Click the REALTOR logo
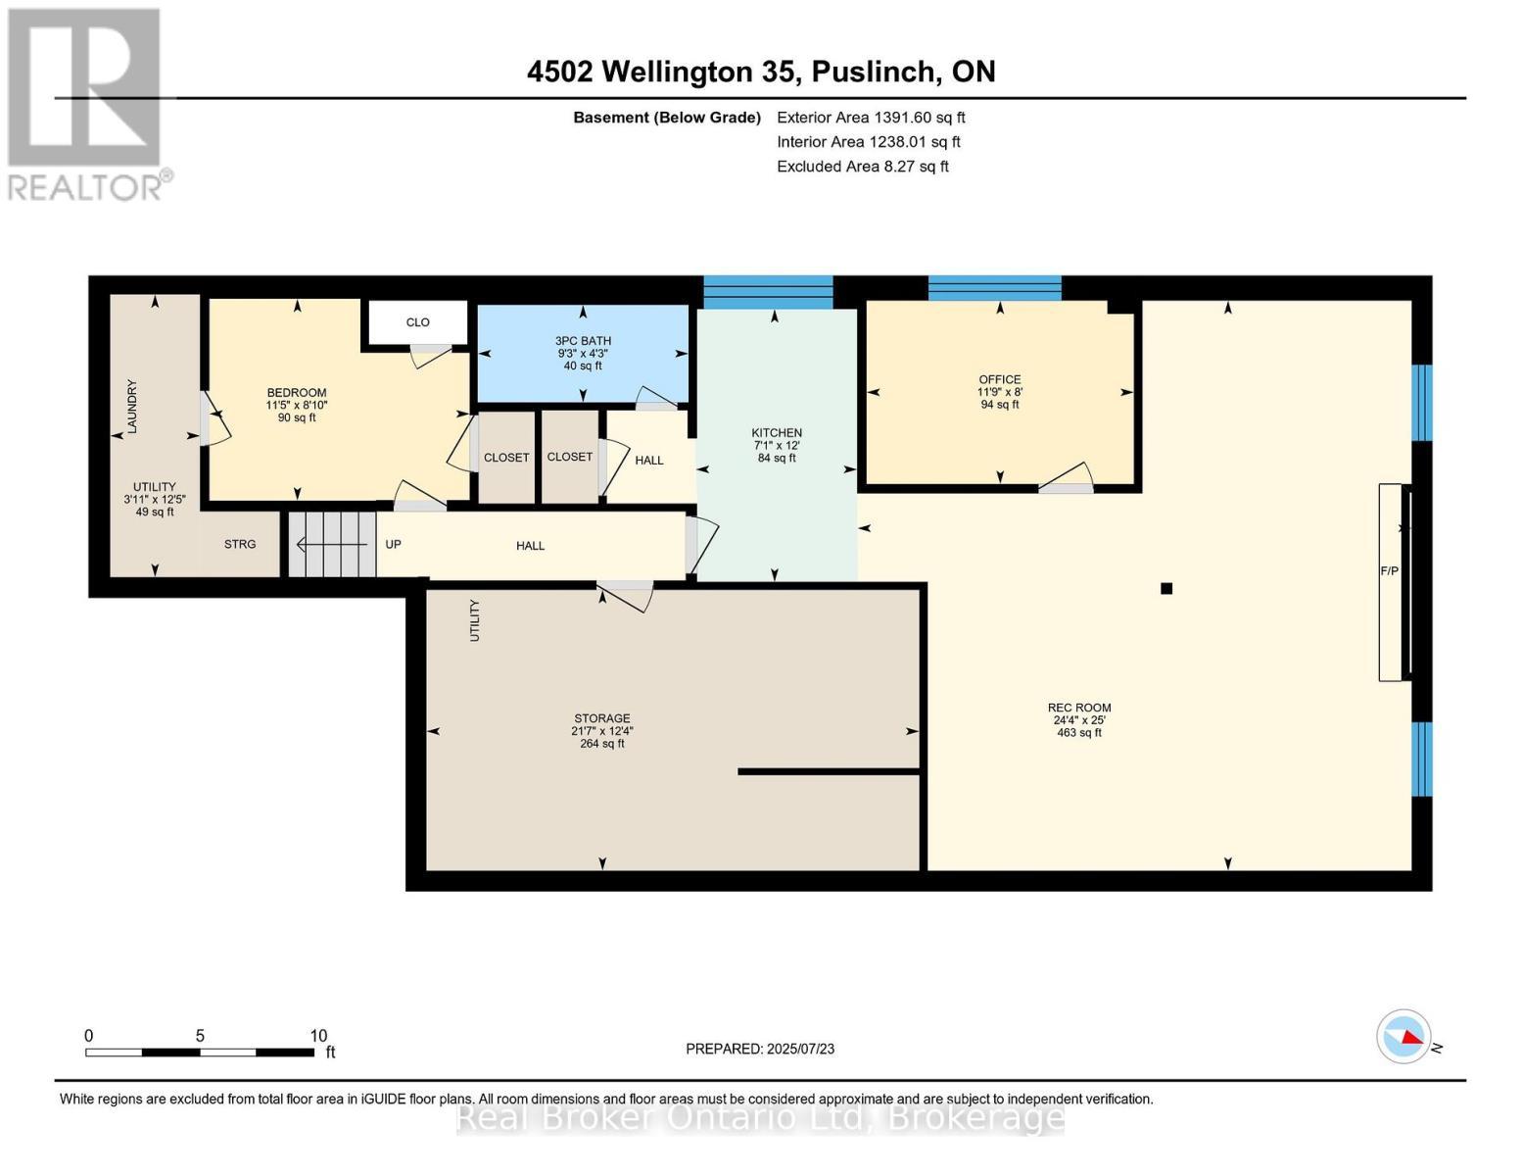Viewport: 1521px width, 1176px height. (x=86, y=104)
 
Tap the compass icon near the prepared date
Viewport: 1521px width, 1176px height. (x=1403, y=1036)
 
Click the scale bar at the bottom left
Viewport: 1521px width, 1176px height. (x=200, y=1052)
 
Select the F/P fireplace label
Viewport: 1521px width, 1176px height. (x=1389, y=570)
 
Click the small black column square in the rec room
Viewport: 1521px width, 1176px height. (x=1166, y=588)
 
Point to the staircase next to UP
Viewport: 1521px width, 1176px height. (x=332, y=544)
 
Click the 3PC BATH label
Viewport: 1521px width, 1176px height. (x=583, y=341)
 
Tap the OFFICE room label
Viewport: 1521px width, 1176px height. (x=999, y=379)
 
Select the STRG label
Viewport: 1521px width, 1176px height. (x=240, y=544)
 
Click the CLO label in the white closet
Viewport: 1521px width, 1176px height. (x=417, y=321)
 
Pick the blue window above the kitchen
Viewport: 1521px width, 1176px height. (x=768, y=292)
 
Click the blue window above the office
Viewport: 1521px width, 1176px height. (x=994, y=288)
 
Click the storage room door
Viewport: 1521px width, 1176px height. (x=625, y=594)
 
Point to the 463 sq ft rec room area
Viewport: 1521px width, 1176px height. (x=1079, y=732)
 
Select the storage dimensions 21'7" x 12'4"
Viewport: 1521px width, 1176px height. (x=602, y=730)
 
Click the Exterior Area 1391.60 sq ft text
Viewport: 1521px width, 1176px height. (x=871, y=117)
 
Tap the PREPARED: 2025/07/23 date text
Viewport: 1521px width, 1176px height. (x=760, y=1049)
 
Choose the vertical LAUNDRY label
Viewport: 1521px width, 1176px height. (x=132, y=406)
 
